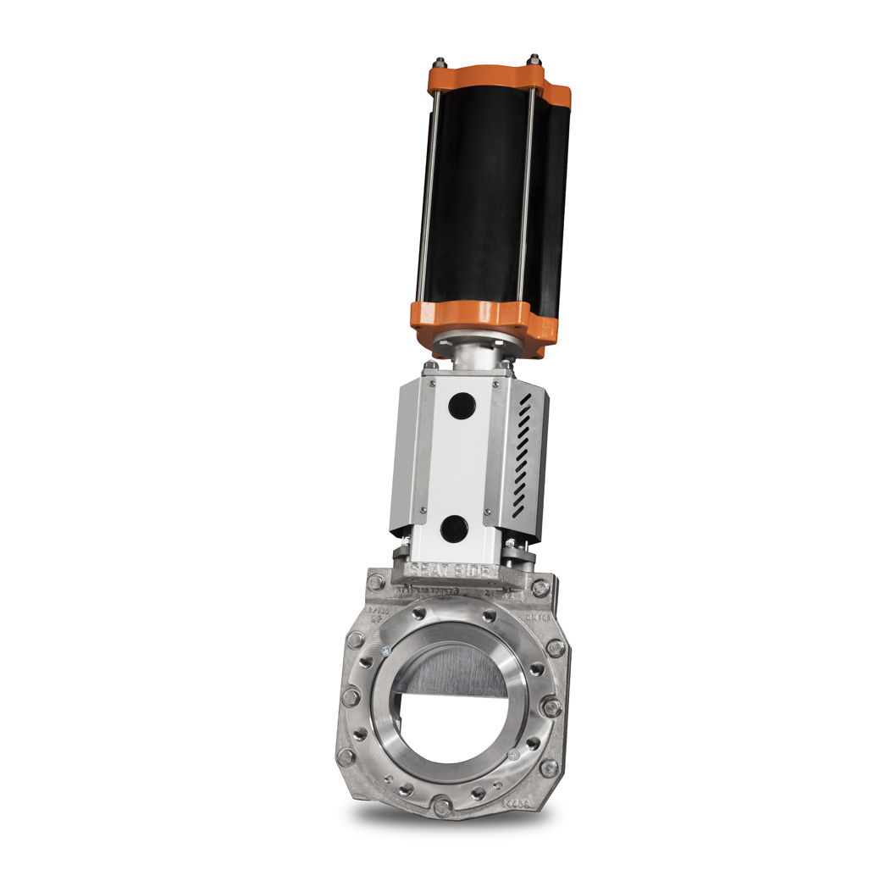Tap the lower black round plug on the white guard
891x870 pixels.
coord(455,529)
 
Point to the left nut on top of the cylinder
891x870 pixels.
coord(440,63)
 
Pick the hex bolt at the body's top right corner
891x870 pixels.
coord(539,587)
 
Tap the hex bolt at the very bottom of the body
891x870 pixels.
coord(441,806)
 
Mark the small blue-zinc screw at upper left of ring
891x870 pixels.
coord(385,651)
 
